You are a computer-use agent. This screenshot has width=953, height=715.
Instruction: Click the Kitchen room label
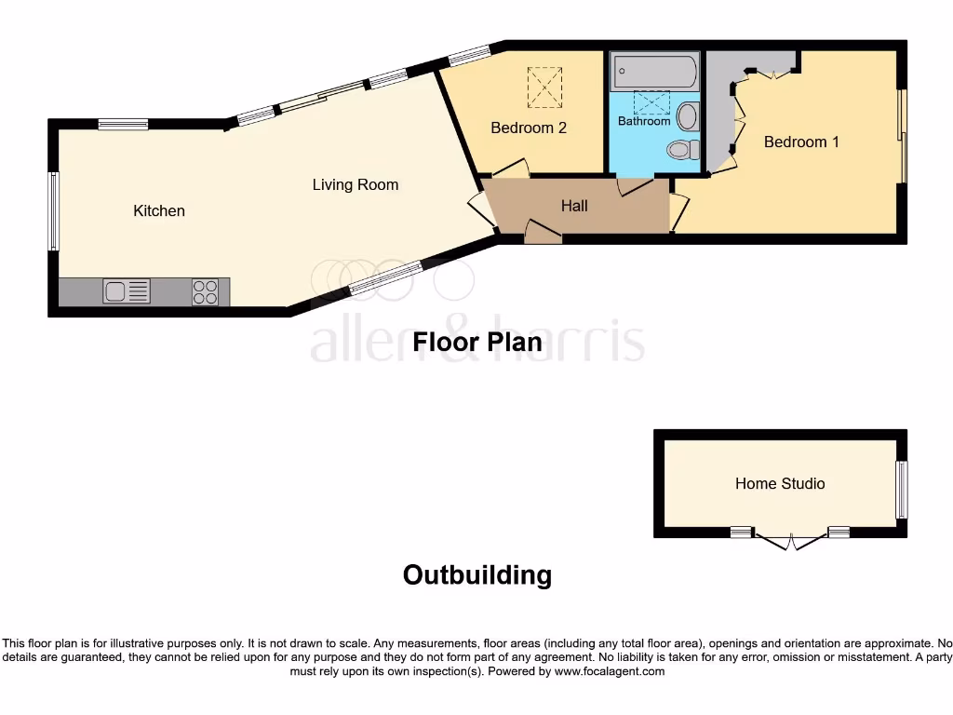[159, 210]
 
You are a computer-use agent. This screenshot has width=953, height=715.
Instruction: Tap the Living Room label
[355, 184]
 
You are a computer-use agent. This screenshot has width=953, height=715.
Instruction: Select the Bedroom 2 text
[529, 128]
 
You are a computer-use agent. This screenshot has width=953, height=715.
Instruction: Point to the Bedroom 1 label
[801, 142]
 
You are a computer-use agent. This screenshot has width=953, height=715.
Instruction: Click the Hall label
[574, 206]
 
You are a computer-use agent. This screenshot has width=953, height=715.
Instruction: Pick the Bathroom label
[644, 121]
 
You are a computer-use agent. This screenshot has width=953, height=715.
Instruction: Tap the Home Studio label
[780, 483]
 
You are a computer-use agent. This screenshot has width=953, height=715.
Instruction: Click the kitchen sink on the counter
[127, 291]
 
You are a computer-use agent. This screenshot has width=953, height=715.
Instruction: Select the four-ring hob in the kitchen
[206, 292]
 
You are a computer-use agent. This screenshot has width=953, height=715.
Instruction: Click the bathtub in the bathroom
[654, 71]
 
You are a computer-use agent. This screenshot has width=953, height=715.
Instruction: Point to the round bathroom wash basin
[688, 116]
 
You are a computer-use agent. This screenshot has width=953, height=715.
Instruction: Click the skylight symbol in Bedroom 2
[545, 87]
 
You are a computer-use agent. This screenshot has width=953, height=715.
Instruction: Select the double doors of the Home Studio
[790, 541]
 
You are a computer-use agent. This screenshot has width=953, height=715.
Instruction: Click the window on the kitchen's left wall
[54, 211]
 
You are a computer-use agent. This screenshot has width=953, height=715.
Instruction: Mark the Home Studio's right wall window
[901, 490]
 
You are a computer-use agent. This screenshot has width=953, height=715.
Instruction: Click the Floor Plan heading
[477, 342]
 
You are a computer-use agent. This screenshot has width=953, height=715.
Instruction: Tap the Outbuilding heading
[476, 574]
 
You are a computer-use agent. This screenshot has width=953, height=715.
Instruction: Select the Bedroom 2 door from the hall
[511, 169]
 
